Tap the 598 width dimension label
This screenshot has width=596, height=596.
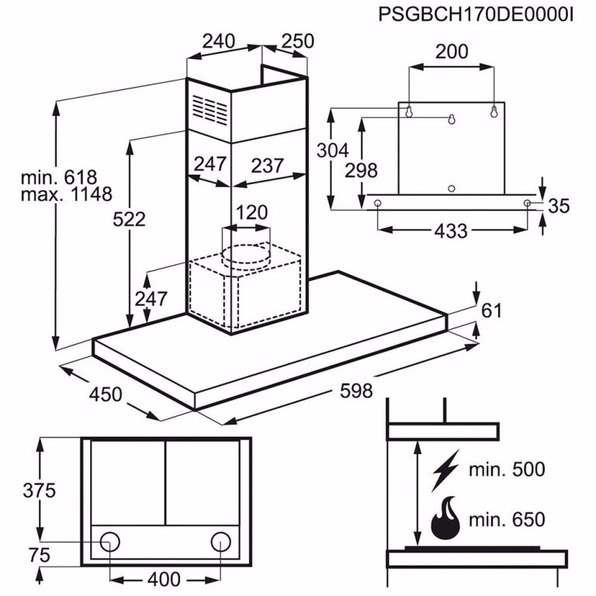(356, 390)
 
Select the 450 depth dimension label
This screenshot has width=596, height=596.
(106, 394)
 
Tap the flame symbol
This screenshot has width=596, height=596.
(445, 518)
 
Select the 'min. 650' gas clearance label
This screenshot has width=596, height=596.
(507, 519)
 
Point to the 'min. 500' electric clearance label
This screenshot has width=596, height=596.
(507, 469)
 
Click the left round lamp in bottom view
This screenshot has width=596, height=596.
(111, 541)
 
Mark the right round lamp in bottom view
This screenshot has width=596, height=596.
(221, 541)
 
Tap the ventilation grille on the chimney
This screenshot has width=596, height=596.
(210, 111)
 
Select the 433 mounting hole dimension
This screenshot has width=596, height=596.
(450, 231)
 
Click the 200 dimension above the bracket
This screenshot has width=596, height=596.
(452, 52)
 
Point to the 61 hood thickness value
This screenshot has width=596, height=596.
(492, 310)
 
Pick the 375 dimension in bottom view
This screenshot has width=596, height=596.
(39, 490)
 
